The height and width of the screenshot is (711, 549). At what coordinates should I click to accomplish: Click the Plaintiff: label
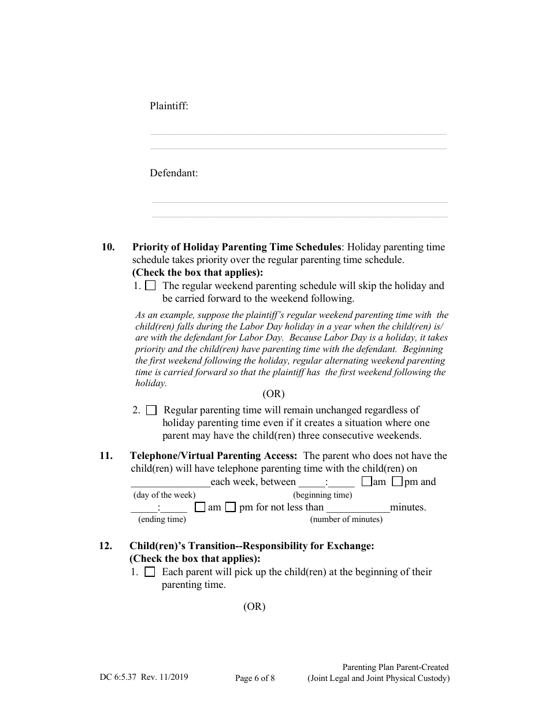point(169,106)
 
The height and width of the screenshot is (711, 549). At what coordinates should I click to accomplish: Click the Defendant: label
point(174,173)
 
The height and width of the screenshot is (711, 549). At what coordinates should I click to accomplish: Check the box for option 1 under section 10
point(150,286)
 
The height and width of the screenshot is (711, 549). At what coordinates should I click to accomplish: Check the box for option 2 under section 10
point(151,410)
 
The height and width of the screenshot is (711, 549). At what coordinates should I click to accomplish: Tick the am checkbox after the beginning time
point(366,482)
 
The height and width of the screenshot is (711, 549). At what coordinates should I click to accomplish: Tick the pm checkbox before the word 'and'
point(398,482)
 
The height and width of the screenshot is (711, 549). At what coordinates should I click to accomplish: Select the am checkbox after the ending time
point(201,508)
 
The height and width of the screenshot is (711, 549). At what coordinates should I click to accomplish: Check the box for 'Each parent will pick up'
point(150,572)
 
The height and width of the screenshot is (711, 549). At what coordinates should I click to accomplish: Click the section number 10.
point(108,247)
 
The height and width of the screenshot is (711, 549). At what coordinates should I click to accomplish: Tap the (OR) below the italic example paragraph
point(273,394)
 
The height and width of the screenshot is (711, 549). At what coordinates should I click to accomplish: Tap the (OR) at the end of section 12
point(254,606)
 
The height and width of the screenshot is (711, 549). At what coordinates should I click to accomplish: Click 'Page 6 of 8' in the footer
point(255,679)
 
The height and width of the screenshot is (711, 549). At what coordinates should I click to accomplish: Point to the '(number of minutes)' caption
point(346,519)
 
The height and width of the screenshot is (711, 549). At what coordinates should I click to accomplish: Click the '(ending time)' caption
point(162,519)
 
